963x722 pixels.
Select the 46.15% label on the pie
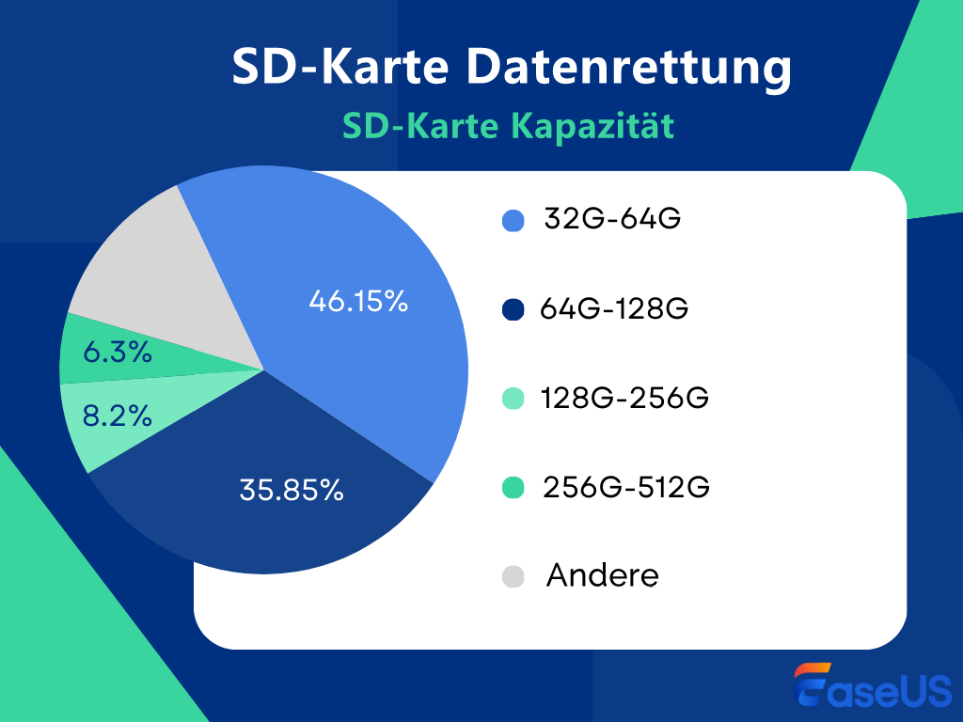[x=357, y=302]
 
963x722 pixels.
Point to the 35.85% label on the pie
[x=291, y=490]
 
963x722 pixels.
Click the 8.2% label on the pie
[x=118, y=416]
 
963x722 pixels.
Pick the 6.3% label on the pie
[x=118, y=353]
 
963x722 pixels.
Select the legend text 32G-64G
[x=611, y=219]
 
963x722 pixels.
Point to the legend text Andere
[x=602, y=575]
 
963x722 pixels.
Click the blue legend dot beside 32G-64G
[x=513, y=221]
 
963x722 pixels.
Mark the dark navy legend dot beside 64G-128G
[x=513, y=310]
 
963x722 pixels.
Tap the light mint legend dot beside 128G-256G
[x=513, y=400]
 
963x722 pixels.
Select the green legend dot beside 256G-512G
[x=513, y=489]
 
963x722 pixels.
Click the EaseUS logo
[x=873, y=687]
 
